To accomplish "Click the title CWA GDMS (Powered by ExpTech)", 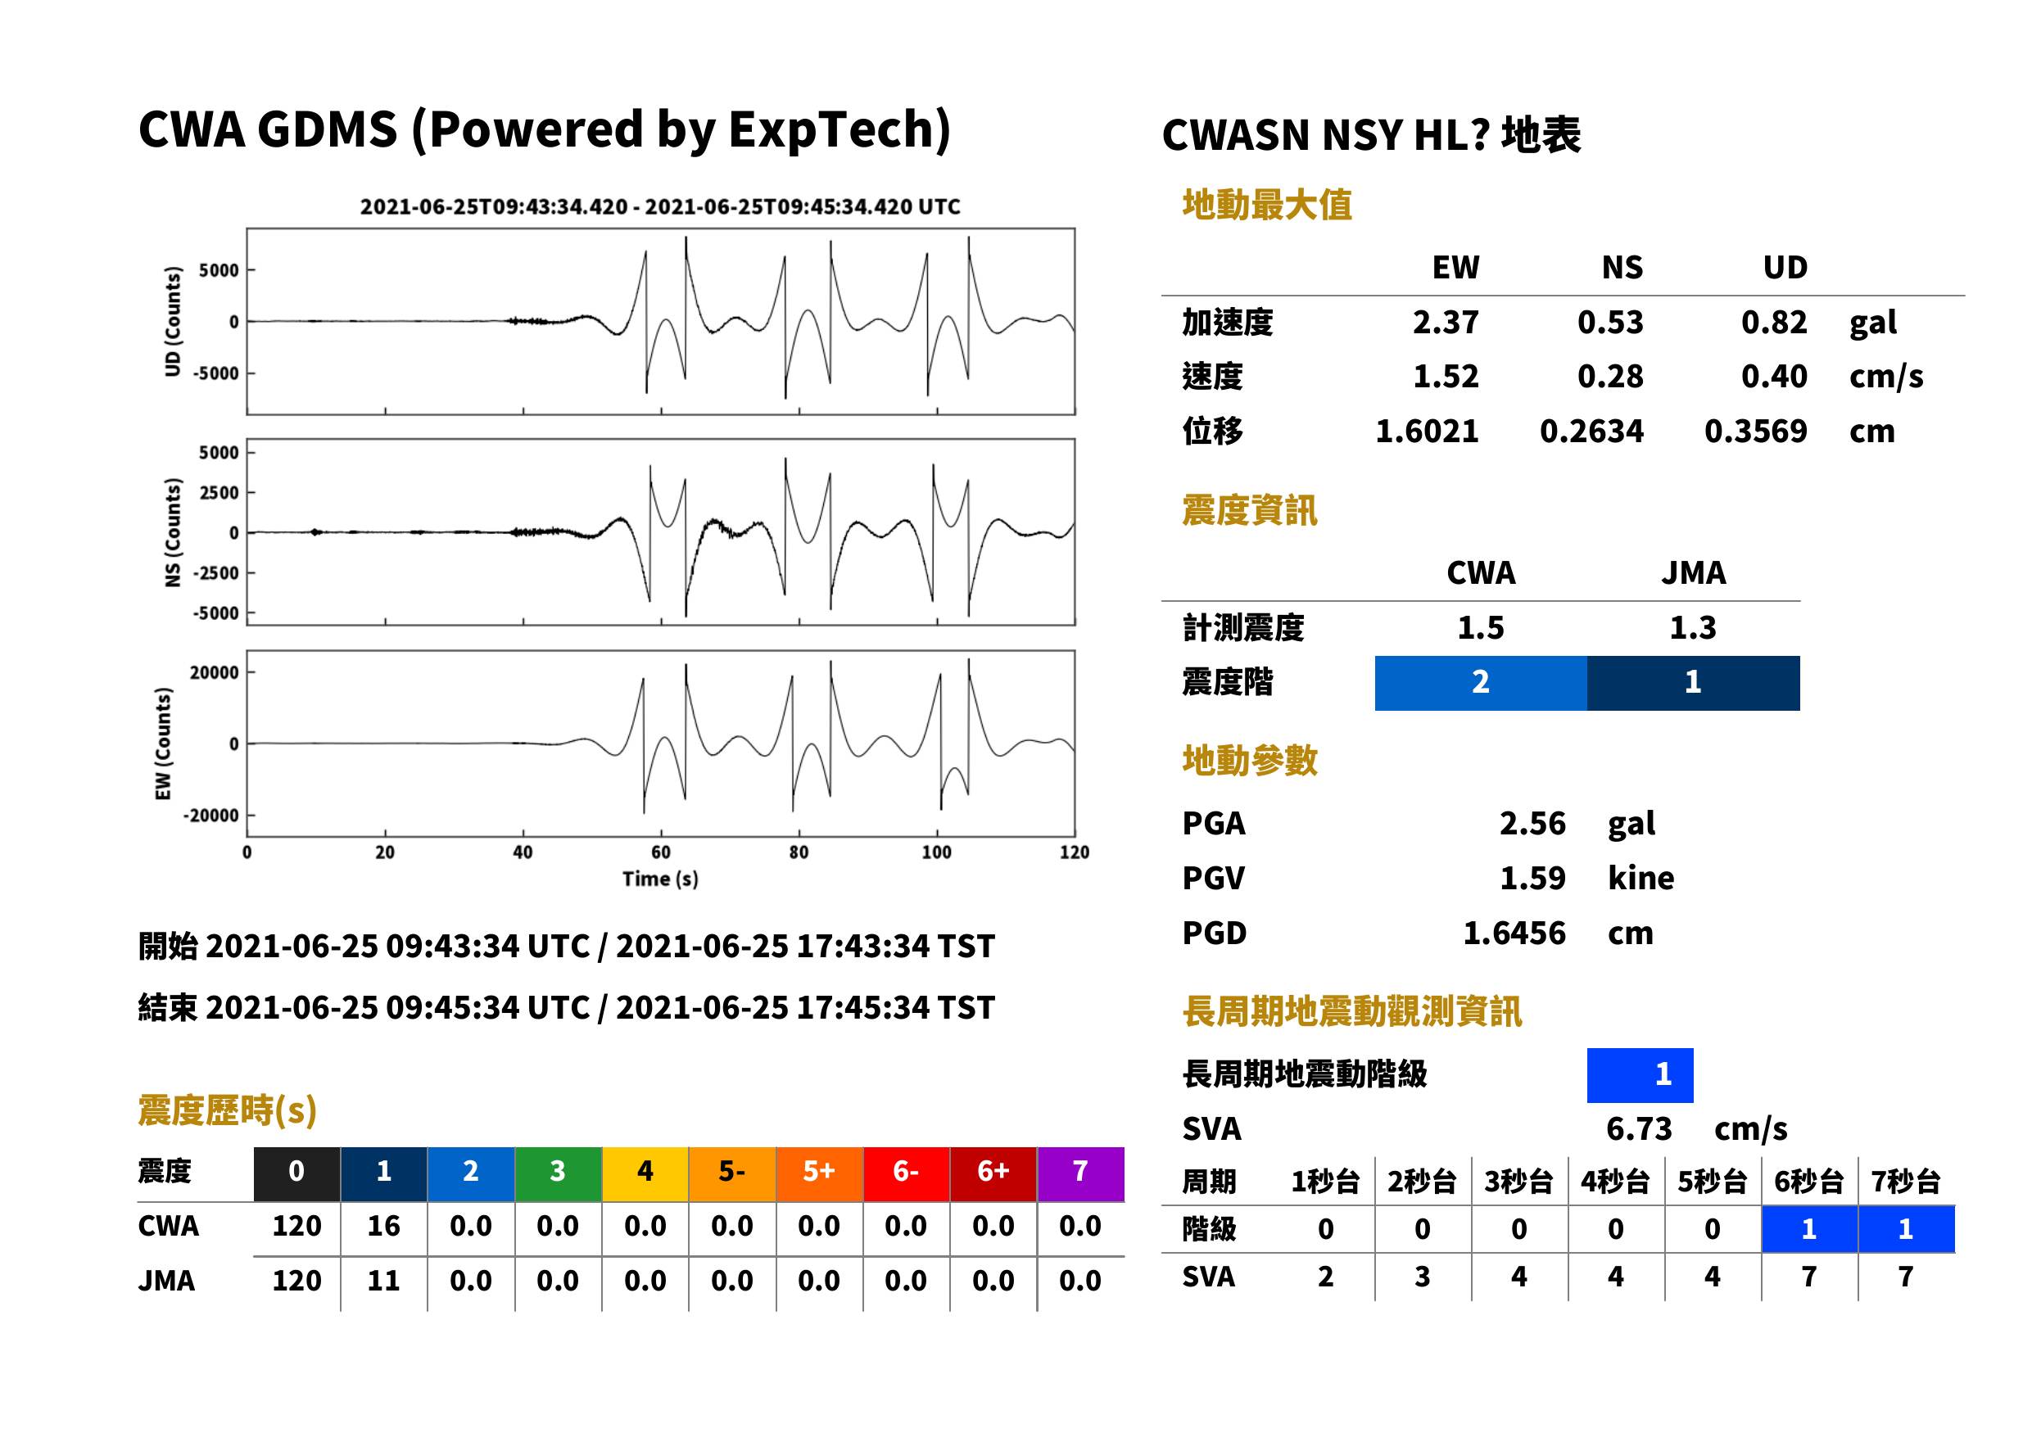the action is (x=544, y=130).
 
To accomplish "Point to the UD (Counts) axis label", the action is (x=173, y=321).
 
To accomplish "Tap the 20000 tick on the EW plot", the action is (x=215, y=672).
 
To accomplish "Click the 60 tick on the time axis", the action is (x=660, y=852).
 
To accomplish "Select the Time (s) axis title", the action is (x=660, y=879).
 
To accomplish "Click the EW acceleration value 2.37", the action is (x=1445, y=323).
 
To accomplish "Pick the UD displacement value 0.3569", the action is (x=1755, y=432).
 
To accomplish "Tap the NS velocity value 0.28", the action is (x=1609, y=377).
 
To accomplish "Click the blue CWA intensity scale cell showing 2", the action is (x=1481, y=683).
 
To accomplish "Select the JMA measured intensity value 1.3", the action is (x=1692, y=628).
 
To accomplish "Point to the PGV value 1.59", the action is (x=1532, y=879).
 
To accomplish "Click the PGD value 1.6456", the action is (x=1514, y=933).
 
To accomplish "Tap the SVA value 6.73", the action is (x=1639, y=1129).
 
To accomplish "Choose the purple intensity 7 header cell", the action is (x=1080, y=1173).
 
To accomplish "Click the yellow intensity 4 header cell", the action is (x=645, y=1173).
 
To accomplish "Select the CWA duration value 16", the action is (x=383, y=1226).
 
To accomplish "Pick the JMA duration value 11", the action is (x=383, y=1281).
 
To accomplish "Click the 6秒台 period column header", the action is (x=1808, y=1182).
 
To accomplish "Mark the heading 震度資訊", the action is (x=1249, y=511).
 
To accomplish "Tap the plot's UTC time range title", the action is (x=660, y=207).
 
